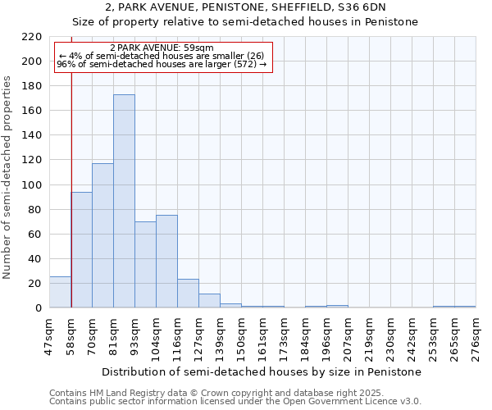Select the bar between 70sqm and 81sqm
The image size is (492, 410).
tap(102, 235)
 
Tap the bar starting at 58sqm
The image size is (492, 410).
tap(81, 249)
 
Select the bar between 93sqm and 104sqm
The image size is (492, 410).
tap(145, 264)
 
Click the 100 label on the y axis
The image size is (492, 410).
tap(33, 185)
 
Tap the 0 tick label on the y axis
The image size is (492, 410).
tap(38, 308)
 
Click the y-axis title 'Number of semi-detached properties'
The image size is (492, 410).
tap(8, 177)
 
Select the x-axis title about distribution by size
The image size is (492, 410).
tap(262, 371)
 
